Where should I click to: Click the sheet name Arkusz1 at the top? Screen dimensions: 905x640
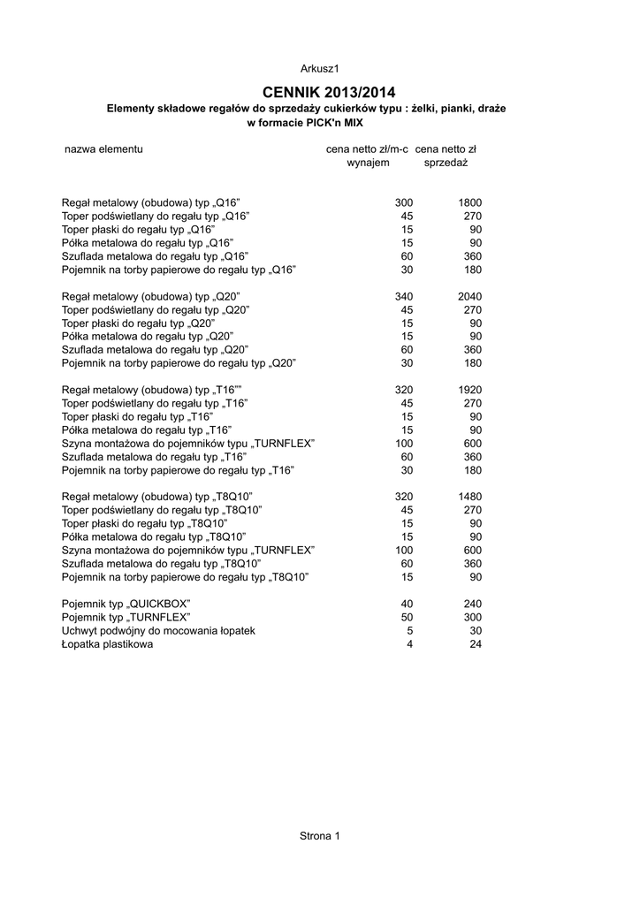pos(320,68)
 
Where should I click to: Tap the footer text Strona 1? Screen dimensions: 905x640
pos(320,835)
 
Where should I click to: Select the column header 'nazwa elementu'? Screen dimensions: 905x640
pos(103,149)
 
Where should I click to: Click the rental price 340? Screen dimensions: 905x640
pos(404,296)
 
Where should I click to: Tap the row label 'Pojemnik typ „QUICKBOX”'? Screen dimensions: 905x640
pos(126,604)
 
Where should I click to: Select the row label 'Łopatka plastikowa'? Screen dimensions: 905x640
pos(107,644)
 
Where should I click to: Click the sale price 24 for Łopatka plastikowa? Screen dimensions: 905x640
pos(476,644)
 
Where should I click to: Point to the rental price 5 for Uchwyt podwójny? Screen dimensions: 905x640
pos(410,631)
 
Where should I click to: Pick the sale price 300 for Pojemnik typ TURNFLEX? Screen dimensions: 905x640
pos(472,617)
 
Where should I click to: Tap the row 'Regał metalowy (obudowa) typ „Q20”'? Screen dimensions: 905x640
pos(151,296)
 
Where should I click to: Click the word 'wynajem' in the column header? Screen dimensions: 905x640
pos(368,164)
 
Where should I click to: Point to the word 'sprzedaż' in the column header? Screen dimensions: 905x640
pos(446,164)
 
